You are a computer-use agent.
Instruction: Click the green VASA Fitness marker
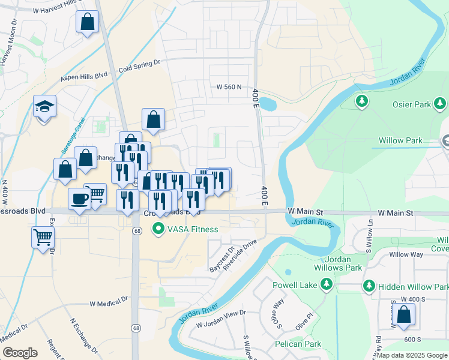point(158,229)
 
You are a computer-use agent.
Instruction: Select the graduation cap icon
point(44,107)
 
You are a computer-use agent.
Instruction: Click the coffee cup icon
point(79,199)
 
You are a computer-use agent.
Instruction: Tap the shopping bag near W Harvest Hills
point(88,23)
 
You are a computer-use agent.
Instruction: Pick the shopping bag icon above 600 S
point(405,314)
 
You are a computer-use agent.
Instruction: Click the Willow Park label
point(400,142)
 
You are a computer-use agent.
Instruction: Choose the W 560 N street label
point(229,87)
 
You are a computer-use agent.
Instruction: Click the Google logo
point(20,353)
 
